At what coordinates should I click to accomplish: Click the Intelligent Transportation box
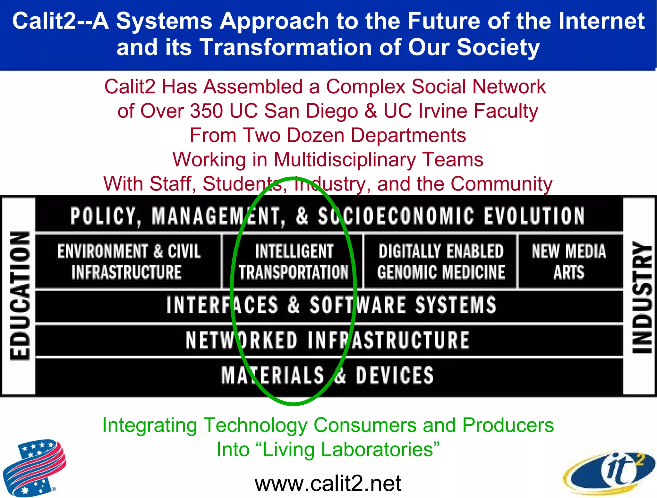tap(293, 261)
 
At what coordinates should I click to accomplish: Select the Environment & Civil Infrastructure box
tap(128, 261)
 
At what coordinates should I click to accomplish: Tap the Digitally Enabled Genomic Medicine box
tap(440, 261)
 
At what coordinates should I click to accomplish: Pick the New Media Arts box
tap(569, 261)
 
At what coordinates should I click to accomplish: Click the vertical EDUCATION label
tap(19, 296)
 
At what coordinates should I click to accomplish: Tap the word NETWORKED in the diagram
tap(242, 340)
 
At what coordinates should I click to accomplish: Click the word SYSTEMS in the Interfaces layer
tap(456, 305)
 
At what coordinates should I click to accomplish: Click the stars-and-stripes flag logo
tap(34, 467)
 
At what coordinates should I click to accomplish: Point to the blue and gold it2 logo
tap(609, 472)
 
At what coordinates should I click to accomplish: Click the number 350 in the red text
tap(206, 111)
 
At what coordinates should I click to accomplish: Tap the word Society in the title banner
tap(498, 47)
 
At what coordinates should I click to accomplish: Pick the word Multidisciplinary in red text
tap(345, 159)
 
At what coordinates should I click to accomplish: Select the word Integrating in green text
tap(149, 425)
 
